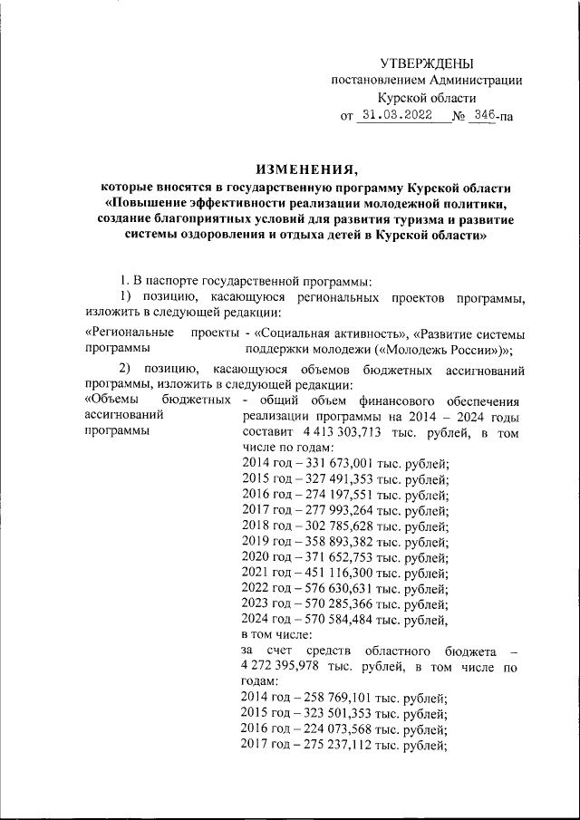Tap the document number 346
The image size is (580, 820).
click(x=484, y=116)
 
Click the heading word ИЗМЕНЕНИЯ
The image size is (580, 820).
click(x=307, y=169)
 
